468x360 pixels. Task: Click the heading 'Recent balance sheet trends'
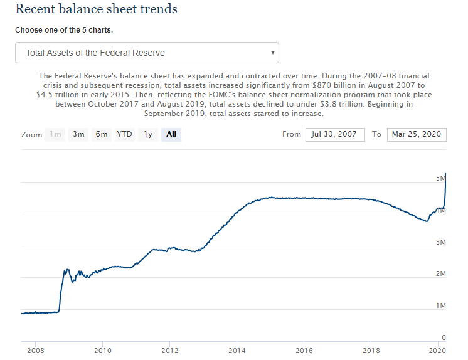tap(96, 9)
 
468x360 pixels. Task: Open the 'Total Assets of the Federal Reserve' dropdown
tap(147, 53)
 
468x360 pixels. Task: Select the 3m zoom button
tap(78, 134)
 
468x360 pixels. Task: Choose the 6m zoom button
tap(102, 134)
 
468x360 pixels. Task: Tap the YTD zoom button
tap(124, 134)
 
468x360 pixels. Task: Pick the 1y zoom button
tap(148, 134)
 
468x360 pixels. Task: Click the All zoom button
tap(171, 134)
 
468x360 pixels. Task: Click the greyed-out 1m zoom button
tap(56, 134)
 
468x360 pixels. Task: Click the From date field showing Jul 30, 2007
tap(335, 134)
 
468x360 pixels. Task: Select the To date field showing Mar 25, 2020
tap(417, 134)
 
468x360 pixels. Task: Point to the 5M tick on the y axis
tap(440, 179)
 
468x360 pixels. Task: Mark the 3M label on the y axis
tap(440, 242)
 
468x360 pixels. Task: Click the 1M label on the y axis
tap(440, 306)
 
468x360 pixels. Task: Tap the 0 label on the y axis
tap(444, 338)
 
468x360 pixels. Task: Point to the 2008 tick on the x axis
tap(35, 351)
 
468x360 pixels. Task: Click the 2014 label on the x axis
tap(237, 351)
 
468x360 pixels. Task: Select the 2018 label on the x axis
tap(371, 351)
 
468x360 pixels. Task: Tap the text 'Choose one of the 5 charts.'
tap(64, 30)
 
